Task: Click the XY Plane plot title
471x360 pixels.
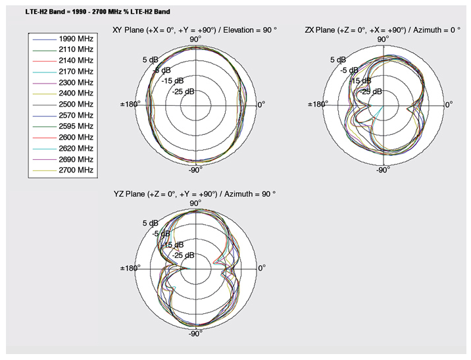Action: pos(195,30)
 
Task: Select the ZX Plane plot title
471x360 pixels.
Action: pos(382,30)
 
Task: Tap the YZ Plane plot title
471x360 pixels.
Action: pos(195,194)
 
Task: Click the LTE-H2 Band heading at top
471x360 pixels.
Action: pos(98,12)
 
